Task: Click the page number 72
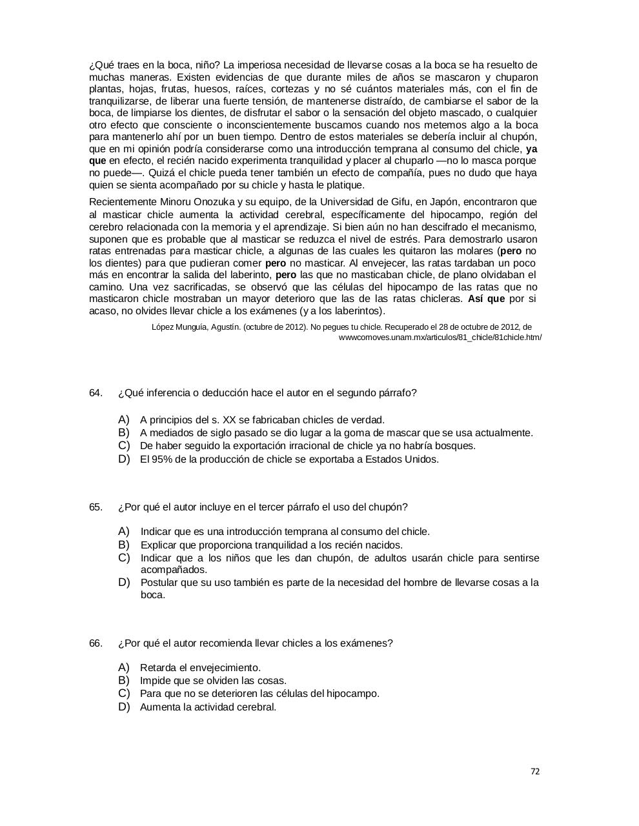click(x=535, y=771)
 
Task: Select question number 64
click(x=96, y=393)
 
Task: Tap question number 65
click(x=96, y=507)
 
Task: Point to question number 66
click(x=96, y=643)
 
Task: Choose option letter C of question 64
click(x=124, y=445)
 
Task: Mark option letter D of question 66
click(x=124, y=707)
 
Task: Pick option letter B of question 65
click(x=124, y=545)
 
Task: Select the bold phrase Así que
click(x=486, y=299)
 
